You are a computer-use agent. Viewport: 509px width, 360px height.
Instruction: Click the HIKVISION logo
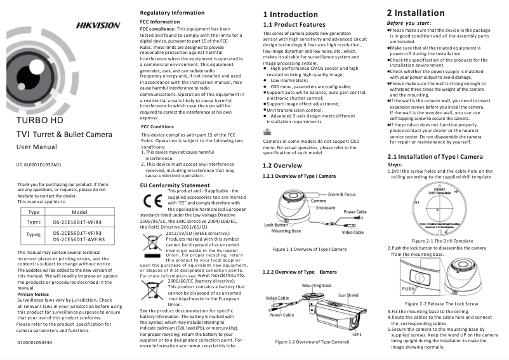pyautogui.click(x=98, y=25)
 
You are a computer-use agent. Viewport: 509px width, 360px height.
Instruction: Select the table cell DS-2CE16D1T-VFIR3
pyautogui.click(x=78, y=222)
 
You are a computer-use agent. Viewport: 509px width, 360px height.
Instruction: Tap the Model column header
pyautogui.click(x=79, y=211)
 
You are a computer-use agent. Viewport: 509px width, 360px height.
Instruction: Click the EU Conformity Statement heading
pyautogui.click(x=175, y=185)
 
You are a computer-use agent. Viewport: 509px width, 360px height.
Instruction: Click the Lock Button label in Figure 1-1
pyautogui.click(x=276, y=225)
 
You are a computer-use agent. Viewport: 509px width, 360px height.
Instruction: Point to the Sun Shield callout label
pyautogui.click(x=348, y=295)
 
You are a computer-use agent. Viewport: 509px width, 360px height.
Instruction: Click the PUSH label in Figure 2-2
pyautogui.click(x=409, y=288)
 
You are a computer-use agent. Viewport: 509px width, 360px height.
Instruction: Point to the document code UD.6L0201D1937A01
pyautogui.click(x=39, y=165)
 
